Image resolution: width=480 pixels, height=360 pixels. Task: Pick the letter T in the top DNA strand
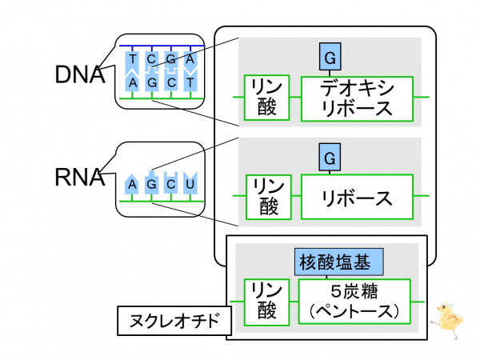point(132,58)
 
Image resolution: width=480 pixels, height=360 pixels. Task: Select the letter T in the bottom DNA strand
point(190,82)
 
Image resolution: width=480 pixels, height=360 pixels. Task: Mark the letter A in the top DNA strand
point(190,58)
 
